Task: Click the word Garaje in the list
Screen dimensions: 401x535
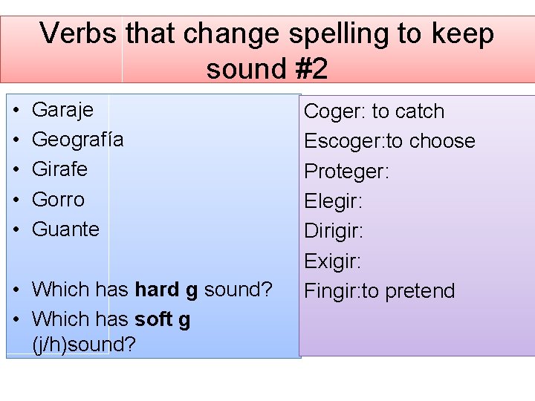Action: tap(63, 110)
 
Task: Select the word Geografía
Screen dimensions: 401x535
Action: tap(78, 140)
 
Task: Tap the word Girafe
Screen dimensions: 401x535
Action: tap(60, 169)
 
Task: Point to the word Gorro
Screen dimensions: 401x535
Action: tap(59, 199)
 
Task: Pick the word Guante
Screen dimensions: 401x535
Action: tap(66, 229)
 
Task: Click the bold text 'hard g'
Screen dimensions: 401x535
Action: tap(166, 289)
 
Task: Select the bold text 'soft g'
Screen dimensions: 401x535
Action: tap(163, 319)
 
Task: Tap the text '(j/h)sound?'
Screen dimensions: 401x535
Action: tap(84, 345)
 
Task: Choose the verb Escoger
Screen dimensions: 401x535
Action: tap(343, 142)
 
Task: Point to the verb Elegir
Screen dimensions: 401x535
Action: tap(333, 201)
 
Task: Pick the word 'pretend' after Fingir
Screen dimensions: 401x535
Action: tap(418, 290)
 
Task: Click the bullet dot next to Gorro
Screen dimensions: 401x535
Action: tap(16, 199)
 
